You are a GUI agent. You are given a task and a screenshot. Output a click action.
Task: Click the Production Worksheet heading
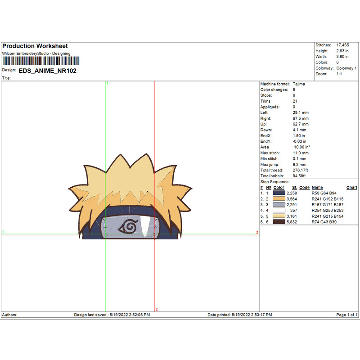click(x=35, y=46)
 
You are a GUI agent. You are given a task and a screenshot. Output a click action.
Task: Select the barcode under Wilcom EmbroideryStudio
click(x=41, y=61)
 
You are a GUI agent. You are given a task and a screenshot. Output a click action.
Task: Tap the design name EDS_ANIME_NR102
click(x=48, y=71)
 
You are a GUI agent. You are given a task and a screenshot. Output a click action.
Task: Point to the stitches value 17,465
click(x=342, y=45)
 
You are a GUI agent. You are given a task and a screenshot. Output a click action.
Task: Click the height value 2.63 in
click(x=342, y=51)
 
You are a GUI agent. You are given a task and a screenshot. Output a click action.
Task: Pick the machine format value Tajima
click(x=299, y=84)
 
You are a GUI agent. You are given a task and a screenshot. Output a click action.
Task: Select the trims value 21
click(x=295, y=101)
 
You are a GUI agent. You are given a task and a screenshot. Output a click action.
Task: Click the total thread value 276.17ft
click(x=300, y=170)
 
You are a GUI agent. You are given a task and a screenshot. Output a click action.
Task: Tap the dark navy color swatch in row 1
click(x=279, y=193)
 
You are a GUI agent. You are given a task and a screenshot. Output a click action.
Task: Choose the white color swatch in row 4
click(x=279, y=210)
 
